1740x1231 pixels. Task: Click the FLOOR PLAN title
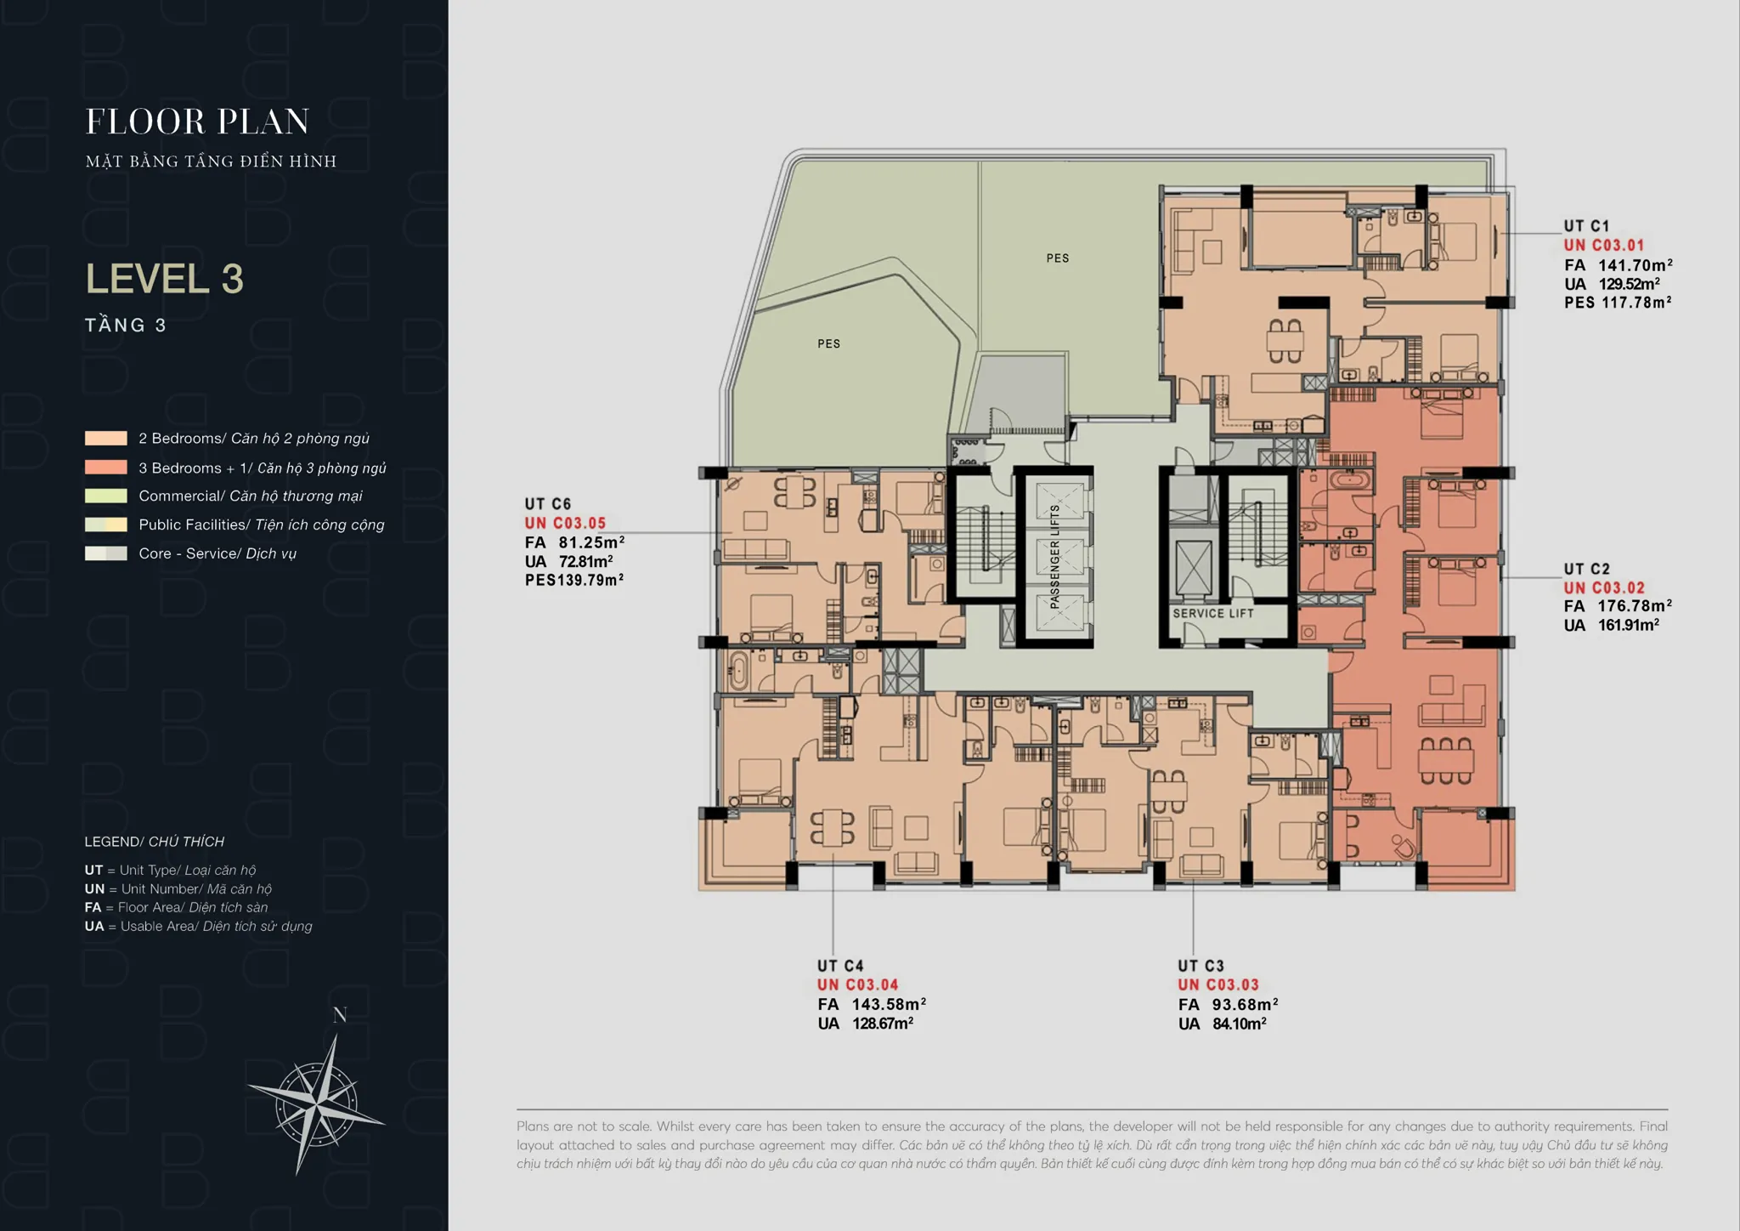[x=197, y=122]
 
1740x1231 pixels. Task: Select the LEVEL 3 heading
[x=165, y=279]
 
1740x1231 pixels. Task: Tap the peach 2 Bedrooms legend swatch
[x=106, y=439]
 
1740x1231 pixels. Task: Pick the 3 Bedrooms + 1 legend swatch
[x=106, y=468]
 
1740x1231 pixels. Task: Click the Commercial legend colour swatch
[x=106, y=496]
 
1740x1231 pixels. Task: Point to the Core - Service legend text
[x=217, y=553]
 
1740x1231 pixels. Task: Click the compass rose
[x=316, y=1104]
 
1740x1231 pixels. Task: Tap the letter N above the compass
[x=340, y=1015]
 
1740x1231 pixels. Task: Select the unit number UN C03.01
[x=1604, y=246]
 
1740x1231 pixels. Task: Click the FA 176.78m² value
[x=1618, y=606]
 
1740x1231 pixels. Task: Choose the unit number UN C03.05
[x=565, y=524]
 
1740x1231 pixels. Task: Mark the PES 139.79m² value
[x=574, y=581]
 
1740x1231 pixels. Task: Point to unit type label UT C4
[x=840, y=966]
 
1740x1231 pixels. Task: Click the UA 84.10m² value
[x=1223, y=1024]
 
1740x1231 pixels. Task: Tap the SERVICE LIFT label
[x=1213, y=613]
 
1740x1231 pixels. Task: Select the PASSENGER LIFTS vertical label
[x=1055, y=557]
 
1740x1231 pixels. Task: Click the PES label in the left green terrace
[x=828, y=343]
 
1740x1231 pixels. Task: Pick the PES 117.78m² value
[x=1619, y=303]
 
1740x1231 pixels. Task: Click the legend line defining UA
[x=198, y=926]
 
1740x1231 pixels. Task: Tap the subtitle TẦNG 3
[x=126, y=325]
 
